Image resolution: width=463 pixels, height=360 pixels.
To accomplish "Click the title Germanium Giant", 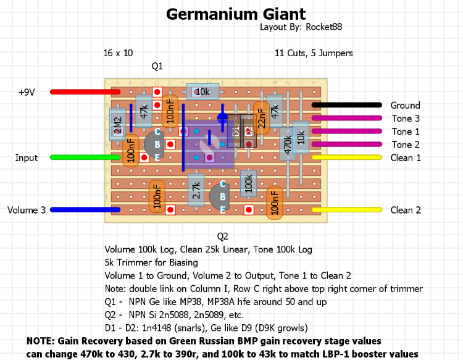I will coord(236,14).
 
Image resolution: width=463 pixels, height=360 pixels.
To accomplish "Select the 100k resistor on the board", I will coord(249,183).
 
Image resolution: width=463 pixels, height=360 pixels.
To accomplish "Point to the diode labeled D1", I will coord(235,131).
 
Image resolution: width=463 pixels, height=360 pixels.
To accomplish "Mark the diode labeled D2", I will coord(249,131).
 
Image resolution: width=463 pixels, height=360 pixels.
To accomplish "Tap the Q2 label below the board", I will coord(223,236).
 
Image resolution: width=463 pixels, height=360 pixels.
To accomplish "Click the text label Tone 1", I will coord(406,132).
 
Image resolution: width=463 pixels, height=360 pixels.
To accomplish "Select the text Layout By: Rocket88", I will coord(302,27).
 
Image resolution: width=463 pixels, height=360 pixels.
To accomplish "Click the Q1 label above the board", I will coord(157,65).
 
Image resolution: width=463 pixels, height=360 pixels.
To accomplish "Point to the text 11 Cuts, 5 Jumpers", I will coord(314,53).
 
